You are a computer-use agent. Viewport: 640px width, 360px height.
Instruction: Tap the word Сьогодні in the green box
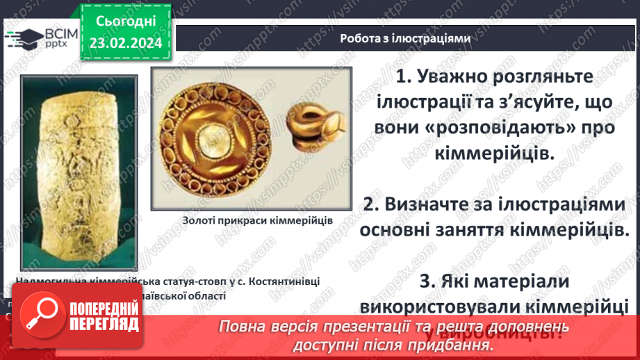(125, 22)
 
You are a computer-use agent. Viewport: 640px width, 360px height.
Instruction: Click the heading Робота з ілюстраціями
(405, 39)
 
